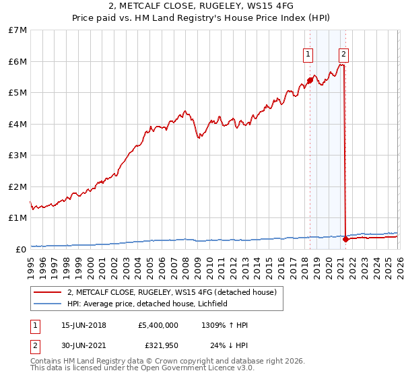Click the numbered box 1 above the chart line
tap(308, 54)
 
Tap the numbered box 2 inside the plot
tap(343, 54)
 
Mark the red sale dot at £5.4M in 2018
tap(310, 80)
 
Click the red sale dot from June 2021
tap(345, 239)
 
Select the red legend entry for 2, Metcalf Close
tap(172, 293)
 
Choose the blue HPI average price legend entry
tap(147, 304)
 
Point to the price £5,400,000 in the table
tap(158, 325)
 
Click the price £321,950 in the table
tap(162, 345)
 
